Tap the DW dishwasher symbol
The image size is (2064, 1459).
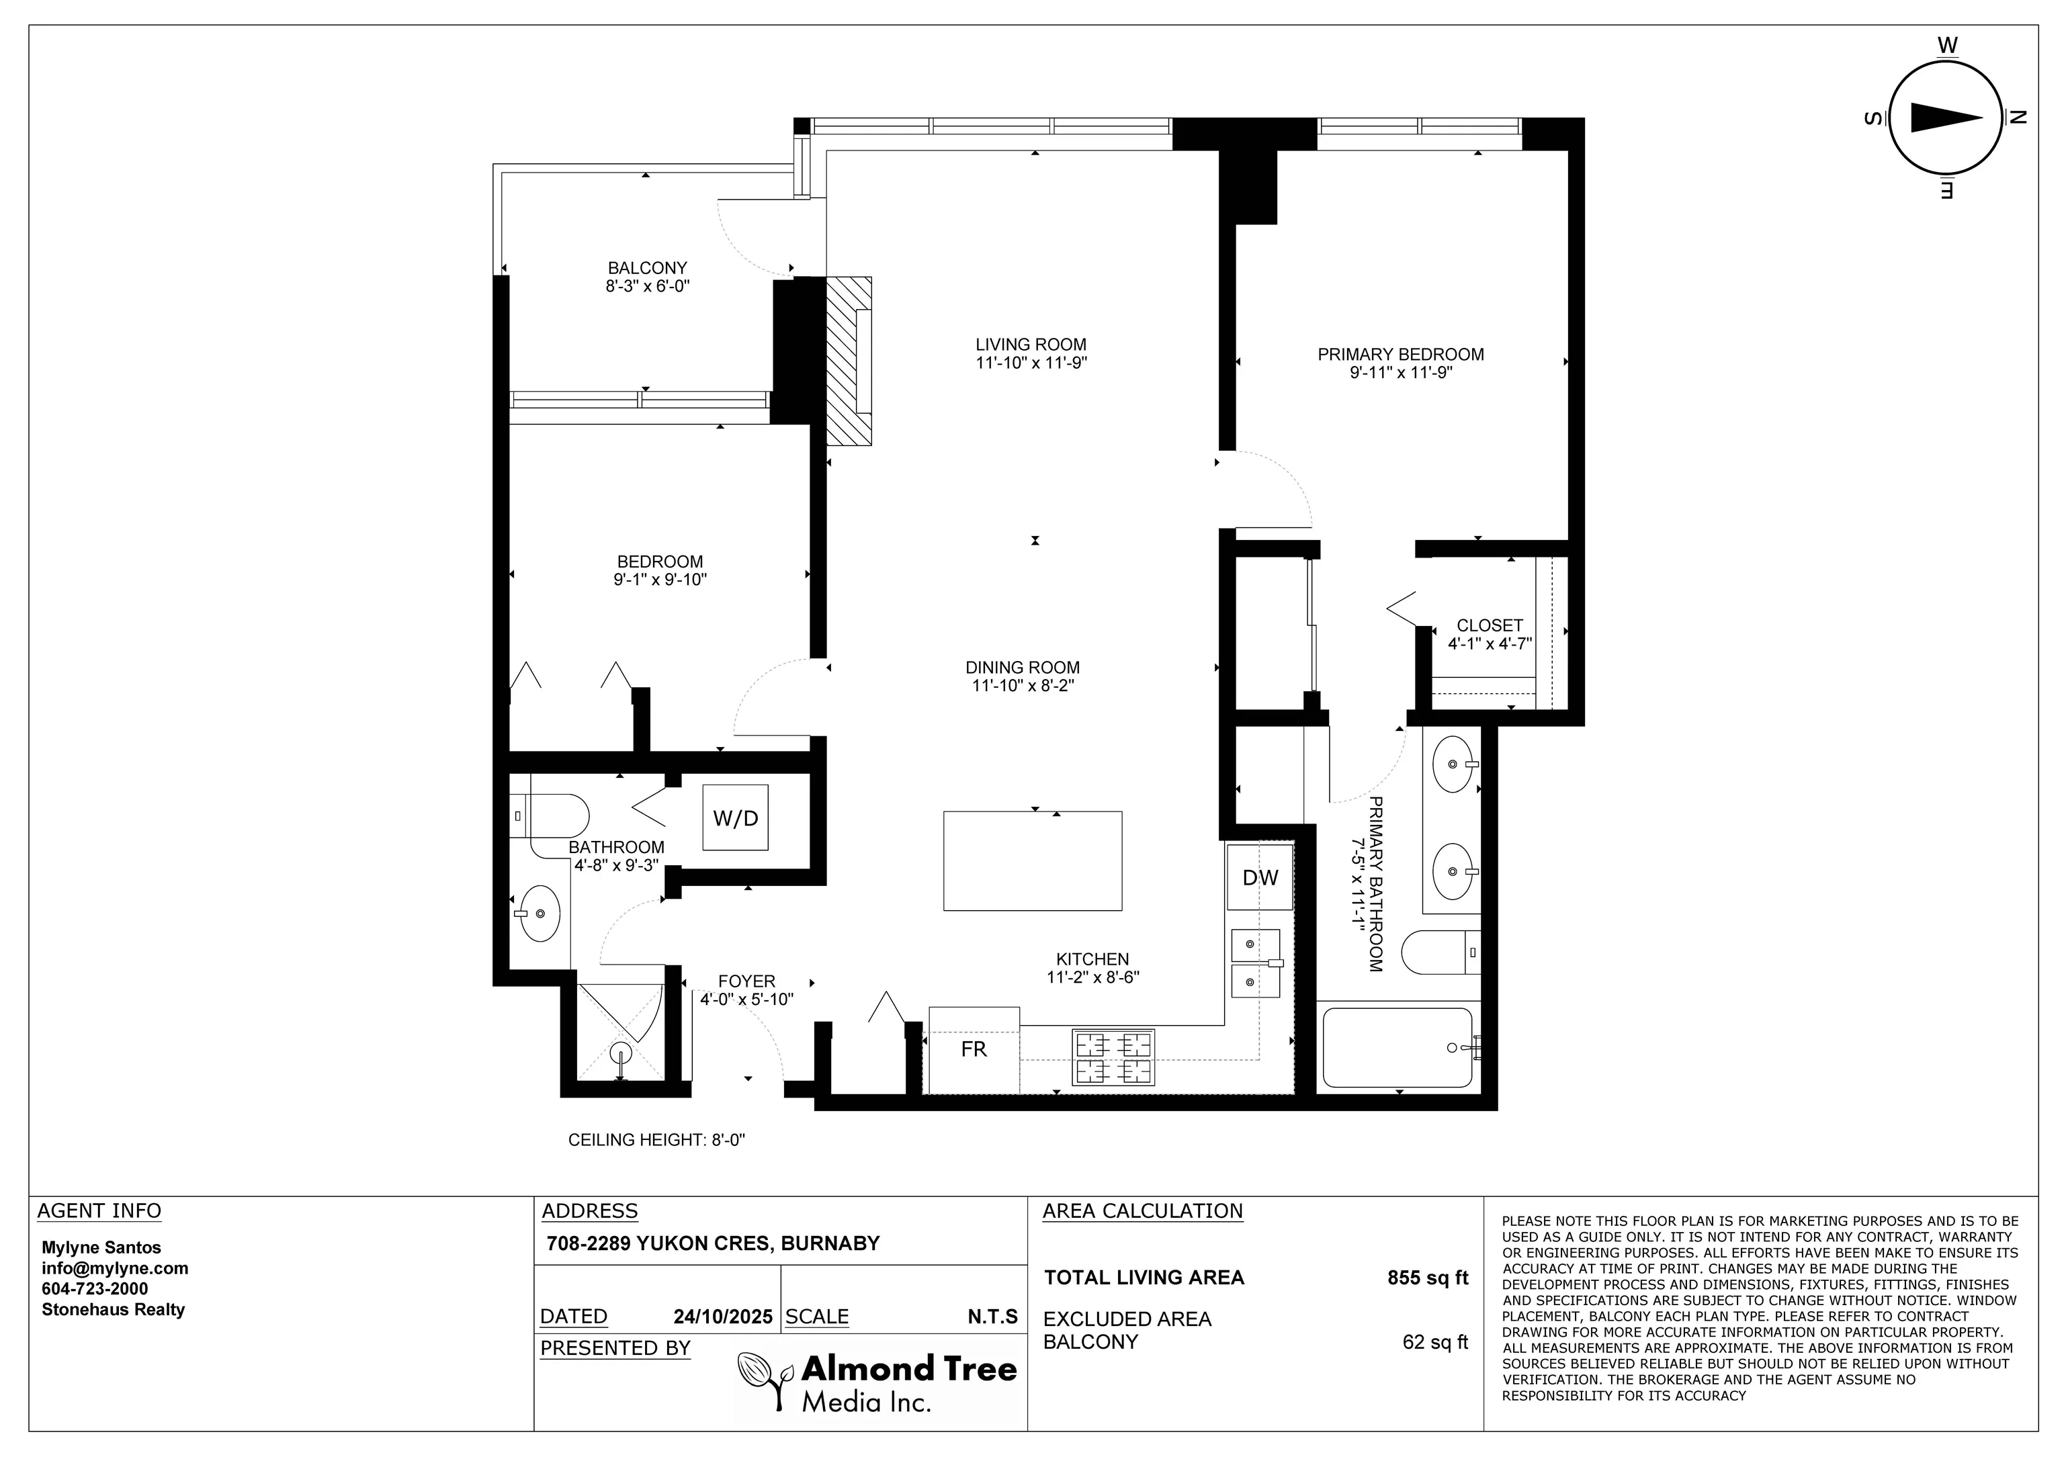[1260, 877]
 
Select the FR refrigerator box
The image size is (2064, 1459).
[974, 1049]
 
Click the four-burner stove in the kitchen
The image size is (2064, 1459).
[1114, 1058]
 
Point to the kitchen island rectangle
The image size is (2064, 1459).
[1032, 861]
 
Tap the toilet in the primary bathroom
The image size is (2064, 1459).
[1438, 952]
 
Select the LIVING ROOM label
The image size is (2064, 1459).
[1031, 345]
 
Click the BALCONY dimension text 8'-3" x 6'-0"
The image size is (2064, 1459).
[647, 287]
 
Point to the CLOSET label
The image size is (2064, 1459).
[1490, 625]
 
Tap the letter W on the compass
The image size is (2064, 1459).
[1947, 45]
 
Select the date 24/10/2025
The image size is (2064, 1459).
[723, 1317]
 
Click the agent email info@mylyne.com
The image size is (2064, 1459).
[115, 1268]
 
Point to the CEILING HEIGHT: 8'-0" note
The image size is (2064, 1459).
[656, 1140]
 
